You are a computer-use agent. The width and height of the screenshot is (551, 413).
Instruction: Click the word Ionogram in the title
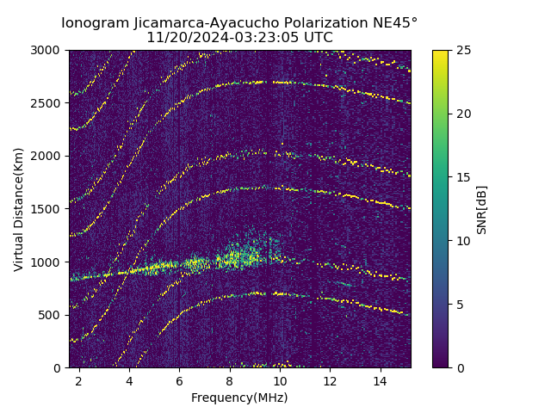(x=95, y=22)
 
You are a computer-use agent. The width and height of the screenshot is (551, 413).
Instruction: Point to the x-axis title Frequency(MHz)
(x=239, y=398)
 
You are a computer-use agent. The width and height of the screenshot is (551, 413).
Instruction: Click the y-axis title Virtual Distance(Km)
(x=18, y=209)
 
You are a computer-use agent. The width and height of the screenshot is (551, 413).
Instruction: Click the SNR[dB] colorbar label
(x=482, y=209)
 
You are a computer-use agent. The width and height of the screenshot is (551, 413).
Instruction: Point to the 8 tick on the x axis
(x=230, y=380)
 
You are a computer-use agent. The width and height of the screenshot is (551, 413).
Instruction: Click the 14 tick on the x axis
(x=381, y=380)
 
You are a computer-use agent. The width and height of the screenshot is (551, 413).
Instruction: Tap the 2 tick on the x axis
(x=79, y=380)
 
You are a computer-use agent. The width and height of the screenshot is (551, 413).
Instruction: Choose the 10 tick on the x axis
(x=280, y=380)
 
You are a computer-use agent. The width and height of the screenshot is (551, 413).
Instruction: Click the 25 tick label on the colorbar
(x=461, y=50)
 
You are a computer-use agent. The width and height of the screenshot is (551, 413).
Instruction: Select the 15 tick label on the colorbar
(x=461, y=177)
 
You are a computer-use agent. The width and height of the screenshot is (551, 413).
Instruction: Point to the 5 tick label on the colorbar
(x=459, y=305)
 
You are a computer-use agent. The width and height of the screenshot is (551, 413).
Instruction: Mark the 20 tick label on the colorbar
(x=461, y=114)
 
